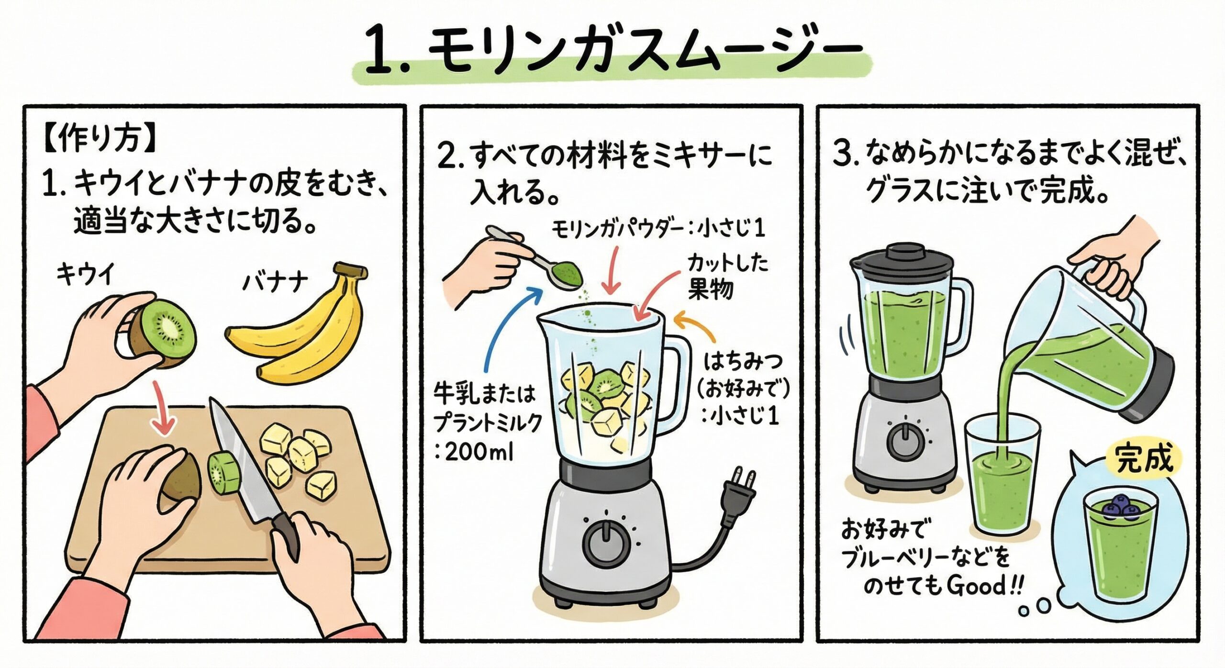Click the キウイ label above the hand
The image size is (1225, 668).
pos(86,275)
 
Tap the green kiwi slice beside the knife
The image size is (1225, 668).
pos(223,473)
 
